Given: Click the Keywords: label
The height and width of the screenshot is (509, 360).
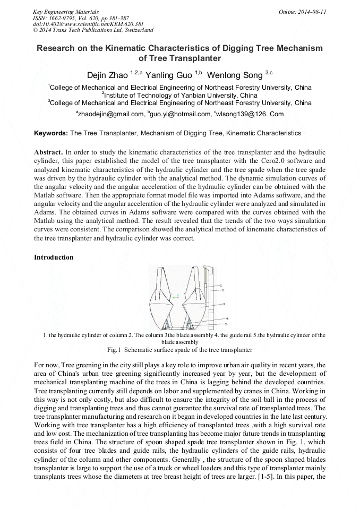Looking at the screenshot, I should click(x=51, y=133).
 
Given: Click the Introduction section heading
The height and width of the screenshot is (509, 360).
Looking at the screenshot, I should click(x=54, y=257).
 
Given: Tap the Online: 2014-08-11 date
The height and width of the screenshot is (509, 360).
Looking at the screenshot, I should click(x=303, y=11).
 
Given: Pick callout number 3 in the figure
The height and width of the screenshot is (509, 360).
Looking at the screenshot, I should click(x=224, y=304).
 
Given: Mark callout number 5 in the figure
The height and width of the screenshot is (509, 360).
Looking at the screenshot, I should click(x=226, y=323).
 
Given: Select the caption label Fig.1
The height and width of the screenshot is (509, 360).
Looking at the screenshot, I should click(x=115, y=350).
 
